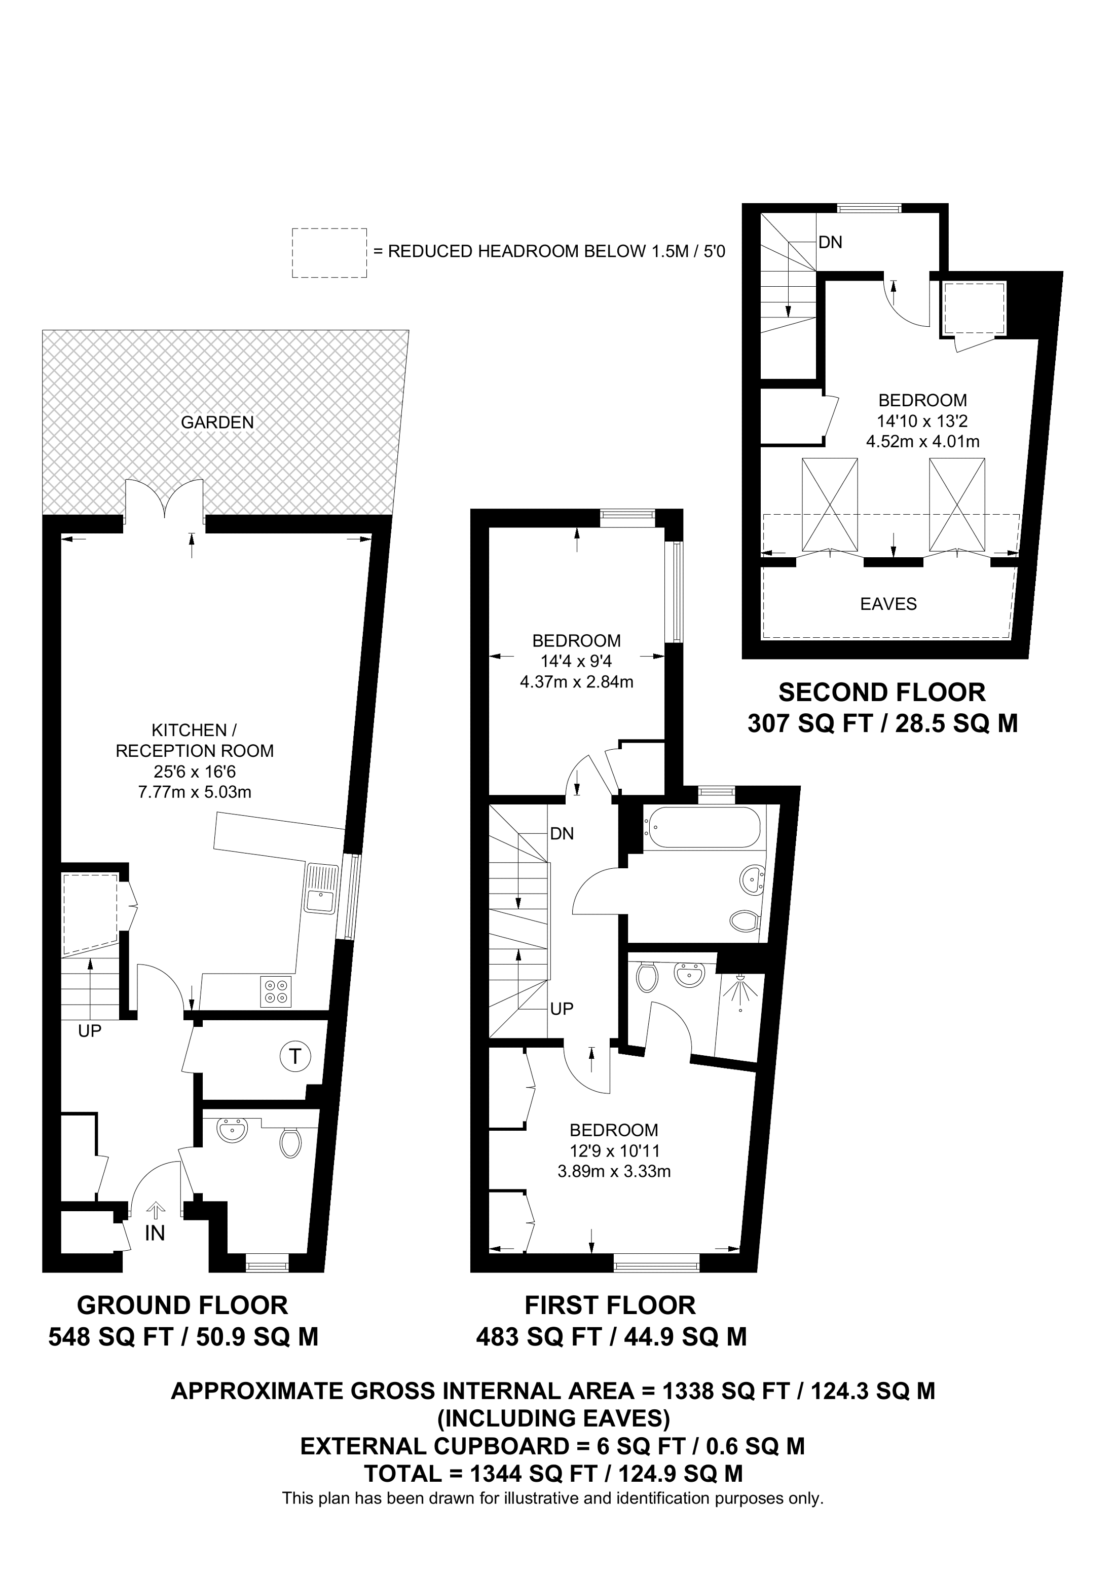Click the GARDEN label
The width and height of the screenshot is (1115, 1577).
(x=217, y=422)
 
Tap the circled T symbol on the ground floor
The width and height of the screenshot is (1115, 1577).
(x=295, y=1055)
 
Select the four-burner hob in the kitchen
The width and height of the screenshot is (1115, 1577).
(x=276, y=992)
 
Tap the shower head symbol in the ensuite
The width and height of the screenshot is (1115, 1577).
(x=740, y=990)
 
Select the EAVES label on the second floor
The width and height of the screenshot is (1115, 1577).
(x=888, y=604)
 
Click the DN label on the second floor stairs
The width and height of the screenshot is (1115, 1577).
(x=830, y=243)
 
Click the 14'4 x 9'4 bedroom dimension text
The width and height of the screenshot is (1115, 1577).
(x=576, y=662)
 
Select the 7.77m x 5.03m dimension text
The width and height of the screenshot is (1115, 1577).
(x=195, y=792)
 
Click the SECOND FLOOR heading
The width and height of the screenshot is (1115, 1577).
(x=881, y=693)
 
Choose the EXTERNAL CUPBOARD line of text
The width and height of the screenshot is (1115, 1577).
(x=552, y=1446)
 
